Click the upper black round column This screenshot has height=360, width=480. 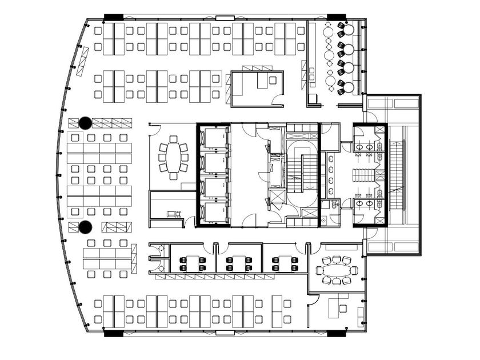point(85,122)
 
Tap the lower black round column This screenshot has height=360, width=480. point(85,227)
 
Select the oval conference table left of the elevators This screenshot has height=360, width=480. point(177,157)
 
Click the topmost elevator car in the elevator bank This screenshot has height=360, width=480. point(214,138)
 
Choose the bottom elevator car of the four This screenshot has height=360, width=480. point(214,213)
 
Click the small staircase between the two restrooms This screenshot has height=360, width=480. point(364,175)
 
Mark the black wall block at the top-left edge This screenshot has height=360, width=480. point(113,17)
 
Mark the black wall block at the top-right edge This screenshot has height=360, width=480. point(335,17)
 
